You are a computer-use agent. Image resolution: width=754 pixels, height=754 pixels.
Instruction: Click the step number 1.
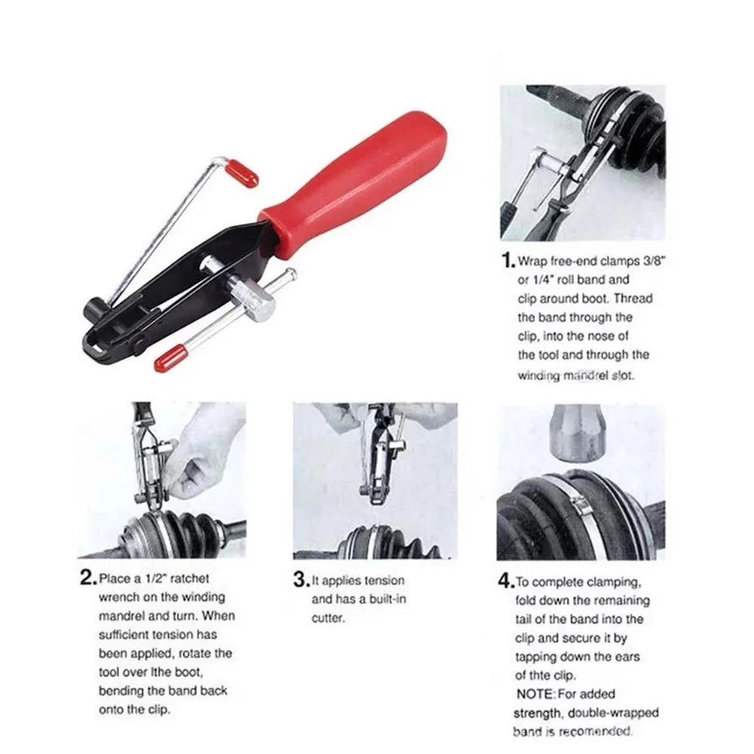pos(507,262)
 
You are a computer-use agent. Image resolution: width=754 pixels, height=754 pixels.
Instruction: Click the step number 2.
pos(87,579)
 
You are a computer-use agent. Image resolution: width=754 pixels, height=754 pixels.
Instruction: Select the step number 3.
pos(300,581)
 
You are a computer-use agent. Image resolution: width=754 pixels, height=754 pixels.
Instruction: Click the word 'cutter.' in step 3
pos(329,618)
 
